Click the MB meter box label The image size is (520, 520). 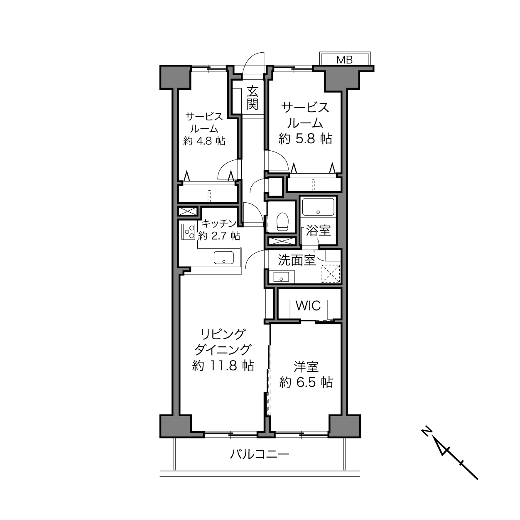pyautogui.click(x=344, y=60)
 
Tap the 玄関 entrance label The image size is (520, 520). pyautogui.click(x=252, y=98)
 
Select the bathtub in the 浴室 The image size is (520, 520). pyautogui.click(x=318, y=207)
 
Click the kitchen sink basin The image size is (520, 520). pyautogui.click(x=224, y=258)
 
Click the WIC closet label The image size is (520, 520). pyautogui.click(x=308, y=306)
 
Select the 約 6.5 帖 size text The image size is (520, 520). pyautogui.click(x=306, y=383)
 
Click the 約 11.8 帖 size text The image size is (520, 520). pyautogui.click(x=223, y=365)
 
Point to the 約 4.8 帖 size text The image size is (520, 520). pyautogui.click(x=204, y=141)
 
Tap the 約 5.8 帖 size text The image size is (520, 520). pyautogui.click(x=305, y=139)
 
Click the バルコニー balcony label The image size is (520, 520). pyautogui.click(x=259, y=454)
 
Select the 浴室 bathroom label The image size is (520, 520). pyautogui.click(x=318, y=231)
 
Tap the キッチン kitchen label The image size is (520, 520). pyautogui.click(x=219, y=223)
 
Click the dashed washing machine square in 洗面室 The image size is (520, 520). pyautogui.click(x=331, y=273)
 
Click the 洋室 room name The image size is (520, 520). pyautogui.click(x=306, y=367)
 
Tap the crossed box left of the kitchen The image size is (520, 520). pyautogui.click(x=188, y=211)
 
